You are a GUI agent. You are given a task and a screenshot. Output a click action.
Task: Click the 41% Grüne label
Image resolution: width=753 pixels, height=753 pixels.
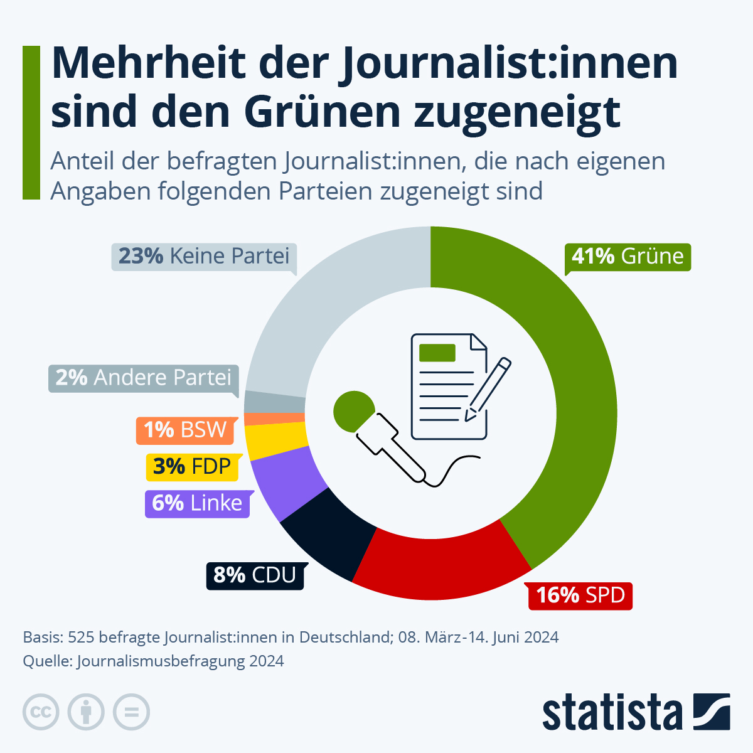coord(627,257)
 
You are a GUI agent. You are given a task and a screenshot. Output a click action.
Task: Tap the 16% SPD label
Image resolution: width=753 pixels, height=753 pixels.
coord(580,595)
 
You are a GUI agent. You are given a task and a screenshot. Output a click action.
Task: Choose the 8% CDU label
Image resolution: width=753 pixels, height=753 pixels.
coord(255,575)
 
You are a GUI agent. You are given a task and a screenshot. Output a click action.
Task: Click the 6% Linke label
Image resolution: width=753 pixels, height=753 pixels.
coord(197,503)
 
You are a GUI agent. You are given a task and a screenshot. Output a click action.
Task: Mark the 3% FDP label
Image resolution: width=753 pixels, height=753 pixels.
coord(192,467)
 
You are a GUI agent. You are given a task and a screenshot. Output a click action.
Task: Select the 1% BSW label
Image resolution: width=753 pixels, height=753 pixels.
coord(184,430)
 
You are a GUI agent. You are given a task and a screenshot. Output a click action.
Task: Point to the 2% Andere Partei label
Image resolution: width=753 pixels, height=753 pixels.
coord(143,378)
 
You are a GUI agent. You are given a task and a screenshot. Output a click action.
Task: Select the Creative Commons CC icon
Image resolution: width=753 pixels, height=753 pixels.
coord(41,712)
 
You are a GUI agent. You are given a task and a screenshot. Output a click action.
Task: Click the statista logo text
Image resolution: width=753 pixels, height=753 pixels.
coord(612,713)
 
